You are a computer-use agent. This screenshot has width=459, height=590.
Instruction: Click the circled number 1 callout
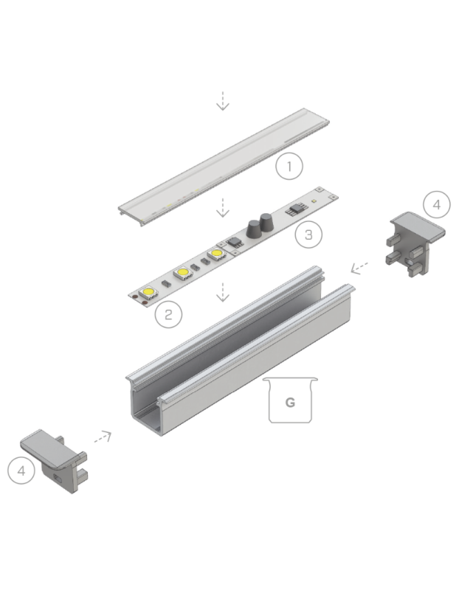tap(289, 166)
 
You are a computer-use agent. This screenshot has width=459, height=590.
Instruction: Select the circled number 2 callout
tap(169, 315)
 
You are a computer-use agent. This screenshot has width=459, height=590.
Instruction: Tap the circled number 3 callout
tap(308, 235)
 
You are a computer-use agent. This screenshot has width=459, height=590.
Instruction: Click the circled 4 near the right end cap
tap(436, 205)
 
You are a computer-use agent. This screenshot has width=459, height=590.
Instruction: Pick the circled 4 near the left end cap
tap(22, 470)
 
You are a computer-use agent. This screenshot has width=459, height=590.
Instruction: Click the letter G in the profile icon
tap(290, 403)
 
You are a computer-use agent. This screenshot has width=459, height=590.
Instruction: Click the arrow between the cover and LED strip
tap(222, 210)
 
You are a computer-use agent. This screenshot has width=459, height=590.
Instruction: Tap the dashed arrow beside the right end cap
tap(359, 267)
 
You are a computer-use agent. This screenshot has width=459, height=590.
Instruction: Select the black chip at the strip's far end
tap(294, 208)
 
